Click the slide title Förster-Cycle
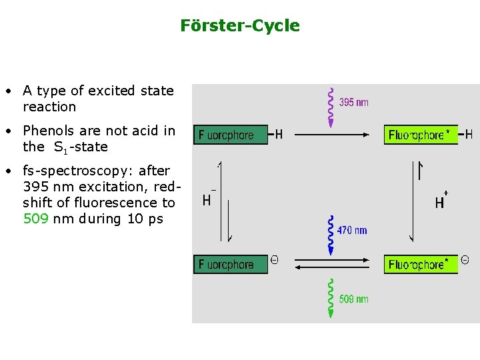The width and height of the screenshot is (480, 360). click(x=240, y=26)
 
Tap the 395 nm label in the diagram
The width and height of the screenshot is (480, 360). click(x=353, y=103)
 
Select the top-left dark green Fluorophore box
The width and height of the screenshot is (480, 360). click(x=230, y=135)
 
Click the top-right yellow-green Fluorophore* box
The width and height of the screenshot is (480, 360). click(x=421, y=135)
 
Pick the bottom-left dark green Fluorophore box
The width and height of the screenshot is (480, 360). click(x=230, y=265)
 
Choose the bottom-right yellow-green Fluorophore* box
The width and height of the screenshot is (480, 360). click(x=421, y=265)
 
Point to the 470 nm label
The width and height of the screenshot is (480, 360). click(x=352, y=231)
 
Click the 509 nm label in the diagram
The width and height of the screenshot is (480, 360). click(x=353, y=299)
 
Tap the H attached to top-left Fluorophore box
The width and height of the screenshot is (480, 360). click(x=279, y=135)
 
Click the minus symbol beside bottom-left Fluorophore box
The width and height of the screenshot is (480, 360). click(x=274, y=261)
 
